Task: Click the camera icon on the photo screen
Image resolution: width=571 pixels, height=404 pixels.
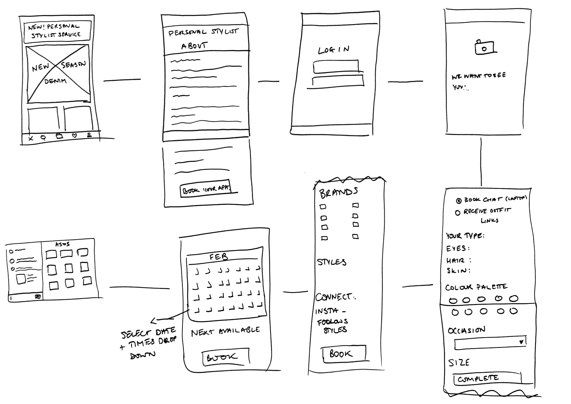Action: (x=484, y=48)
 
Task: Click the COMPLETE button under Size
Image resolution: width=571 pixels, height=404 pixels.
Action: (x=478, y=379)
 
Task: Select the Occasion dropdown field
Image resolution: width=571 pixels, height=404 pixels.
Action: (x=490, y=343)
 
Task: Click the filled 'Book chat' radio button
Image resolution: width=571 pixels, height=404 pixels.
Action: (x=459, y=201)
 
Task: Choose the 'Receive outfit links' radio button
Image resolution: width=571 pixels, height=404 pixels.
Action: (x=458, y=213)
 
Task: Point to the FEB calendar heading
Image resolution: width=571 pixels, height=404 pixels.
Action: (x=219, y=257)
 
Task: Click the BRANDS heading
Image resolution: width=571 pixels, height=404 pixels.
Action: (x=338, y=193)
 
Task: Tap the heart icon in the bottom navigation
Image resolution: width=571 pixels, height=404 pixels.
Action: (x=74, y=136)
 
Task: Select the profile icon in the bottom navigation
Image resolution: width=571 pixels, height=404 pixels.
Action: (x=89, y=135)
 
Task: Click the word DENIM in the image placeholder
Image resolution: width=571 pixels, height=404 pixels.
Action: (x=55, y=81)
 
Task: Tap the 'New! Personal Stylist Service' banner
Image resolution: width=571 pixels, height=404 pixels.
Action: (x=57, y=31)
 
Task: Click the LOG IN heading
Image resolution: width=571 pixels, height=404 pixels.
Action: (x=334, y=50)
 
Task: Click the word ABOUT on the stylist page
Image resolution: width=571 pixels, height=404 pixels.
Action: (x=194, y=46)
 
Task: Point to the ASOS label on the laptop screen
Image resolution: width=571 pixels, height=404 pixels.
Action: (x=63, y=244)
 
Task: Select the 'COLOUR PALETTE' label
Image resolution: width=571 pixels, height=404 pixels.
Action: (x=476, y=287)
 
